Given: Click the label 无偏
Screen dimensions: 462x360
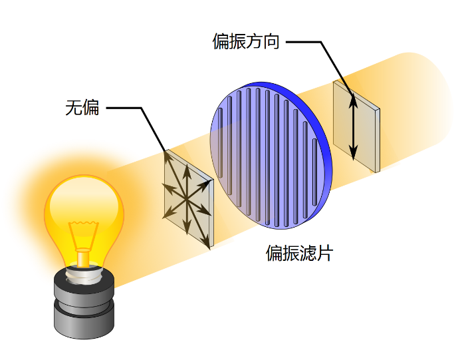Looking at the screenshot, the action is pyautogui.click(x=82, y=108).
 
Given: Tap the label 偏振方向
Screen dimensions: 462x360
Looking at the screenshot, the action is pyautogui.click(x=246, y=41).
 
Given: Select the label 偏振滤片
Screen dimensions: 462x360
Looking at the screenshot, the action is pyautogui.click(x=299, y=253).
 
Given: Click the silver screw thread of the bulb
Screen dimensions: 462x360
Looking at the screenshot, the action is pyautogui.click(x=84, y=274).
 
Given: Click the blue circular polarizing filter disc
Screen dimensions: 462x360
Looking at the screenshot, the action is pyautogui.click(x=271, y=156).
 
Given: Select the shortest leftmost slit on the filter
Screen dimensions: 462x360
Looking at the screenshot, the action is pyautogui.click(x=220, y=142).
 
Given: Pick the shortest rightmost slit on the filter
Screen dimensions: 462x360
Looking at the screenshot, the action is pyautogui.click(x=314, y=172).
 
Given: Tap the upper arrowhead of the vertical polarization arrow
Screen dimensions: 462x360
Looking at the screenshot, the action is pyautogui.click(x=353, y=101).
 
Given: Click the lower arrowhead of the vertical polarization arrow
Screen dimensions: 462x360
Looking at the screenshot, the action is pyautogui.click(x=353, y=153).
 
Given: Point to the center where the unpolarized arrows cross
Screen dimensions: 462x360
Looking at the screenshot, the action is pyautogui.click(x=187, y=200).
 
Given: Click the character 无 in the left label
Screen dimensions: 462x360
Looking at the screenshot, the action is pyautogui.click(x=74, y=108).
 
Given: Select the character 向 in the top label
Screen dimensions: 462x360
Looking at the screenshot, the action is pyautogui.click(x=271, y=41).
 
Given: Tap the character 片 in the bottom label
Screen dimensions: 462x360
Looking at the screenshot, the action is pyautogui.click(x=324, y=253).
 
